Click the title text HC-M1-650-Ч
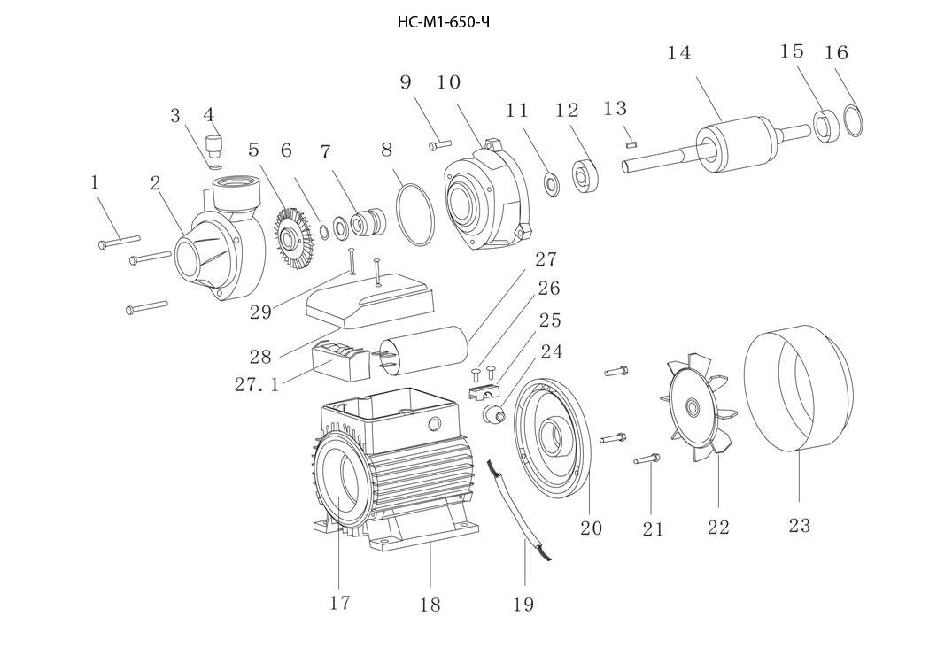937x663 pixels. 444,23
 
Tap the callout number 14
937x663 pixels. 679,53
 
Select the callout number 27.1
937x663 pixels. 256,384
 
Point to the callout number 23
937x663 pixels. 800,526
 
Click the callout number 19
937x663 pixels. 523,605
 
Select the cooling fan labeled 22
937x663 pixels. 698,408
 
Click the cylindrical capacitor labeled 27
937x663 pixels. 423,352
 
